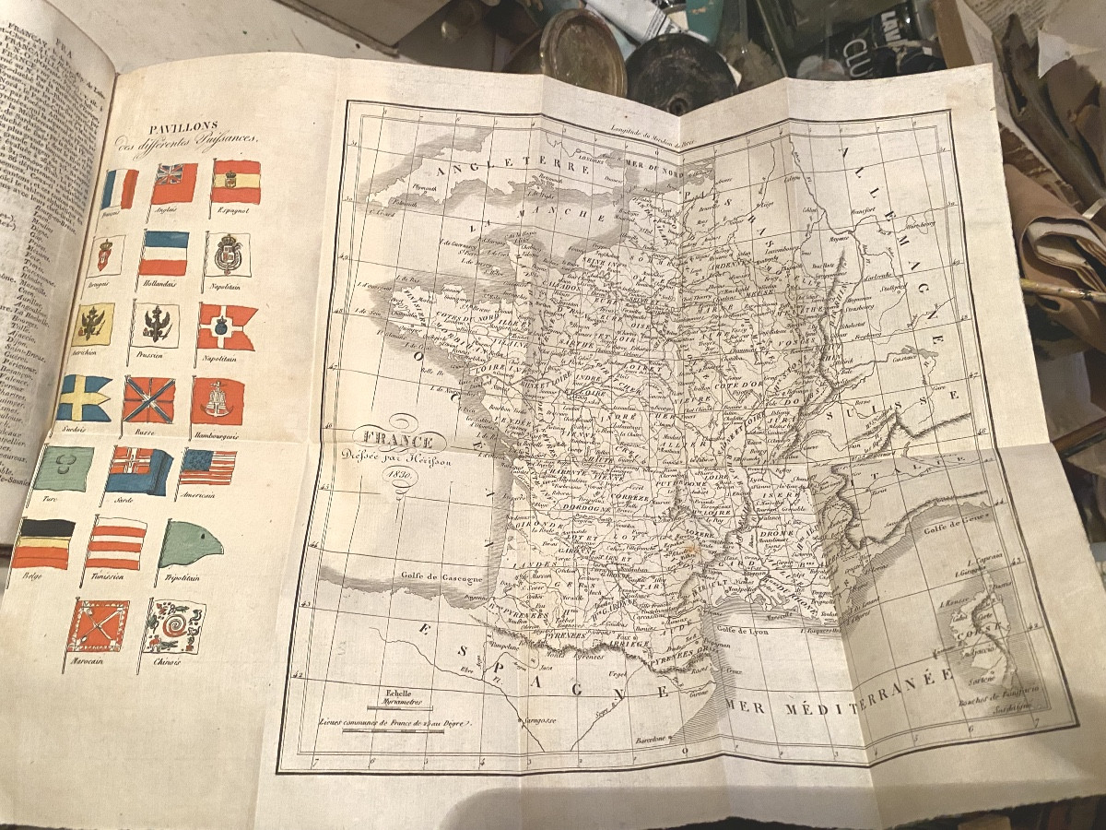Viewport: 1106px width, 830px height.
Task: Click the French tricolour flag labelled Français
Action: [120, 188]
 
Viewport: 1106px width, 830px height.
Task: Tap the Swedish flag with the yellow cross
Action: [85, 397]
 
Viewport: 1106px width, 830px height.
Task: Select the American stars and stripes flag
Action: [207, 468]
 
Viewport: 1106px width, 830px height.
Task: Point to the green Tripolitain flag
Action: [191, 544]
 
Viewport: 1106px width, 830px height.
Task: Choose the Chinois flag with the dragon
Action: [174, 627]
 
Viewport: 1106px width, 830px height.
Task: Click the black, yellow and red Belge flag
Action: [44, 543]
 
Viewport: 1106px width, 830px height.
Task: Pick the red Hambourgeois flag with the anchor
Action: [218, 401]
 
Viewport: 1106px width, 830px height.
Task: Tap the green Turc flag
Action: [64, 468]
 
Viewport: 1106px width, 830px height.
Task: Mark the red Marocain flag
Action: [98, 625]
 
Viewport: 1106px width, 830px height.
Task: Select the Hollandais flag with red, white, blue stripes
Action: [164, 253]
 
